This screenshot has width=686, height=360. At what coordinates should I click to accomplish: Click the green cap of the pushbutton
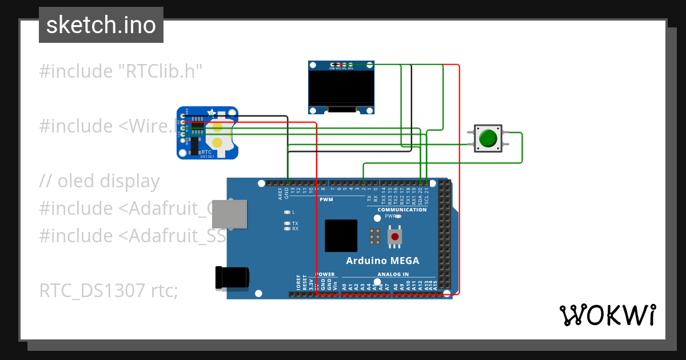[488, 138]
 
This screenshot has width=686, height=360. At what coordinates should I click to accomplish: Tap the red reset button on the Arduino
[394, 237]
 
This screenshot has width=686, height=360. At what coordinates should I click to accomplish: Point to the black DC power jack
[232, 277]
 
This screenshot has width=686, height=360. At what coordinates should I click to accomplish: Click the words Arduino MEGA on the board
[382, 261]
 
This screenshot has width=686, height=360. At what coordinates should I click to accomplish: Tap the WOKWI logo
[607, 315]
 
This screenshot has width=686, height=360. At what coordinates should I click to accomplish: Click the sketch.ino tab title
[101, 25]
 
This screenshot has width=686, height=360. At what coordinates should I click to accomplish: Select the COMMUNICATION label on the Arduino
[402, 210]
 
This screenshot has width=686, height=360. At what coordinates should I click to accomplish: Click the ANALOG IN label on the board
[393, 274]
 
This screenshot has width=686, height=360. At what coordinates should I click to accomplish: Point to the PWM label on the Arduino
[326, 199]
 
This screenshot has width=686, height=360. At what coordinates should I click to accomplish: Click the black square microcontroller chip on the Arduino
[341, 235]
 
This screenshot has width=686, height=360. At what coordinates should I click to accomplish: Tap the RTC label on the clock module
[206, 152]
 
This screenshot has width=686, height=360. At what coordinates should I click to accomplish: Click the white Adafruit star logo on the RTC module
[211, 113]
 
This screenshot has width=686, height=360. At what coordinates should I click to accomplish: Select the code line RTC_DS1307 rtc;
[109, 291]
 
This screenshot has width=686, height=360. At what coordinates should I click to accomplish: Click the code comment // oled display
[99, 181]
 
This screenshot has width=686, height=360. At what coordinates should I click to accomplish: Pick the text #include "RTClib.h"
[121, 71]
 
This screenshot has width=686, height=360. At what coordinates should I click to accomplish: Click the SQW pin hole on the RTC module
[183, 140]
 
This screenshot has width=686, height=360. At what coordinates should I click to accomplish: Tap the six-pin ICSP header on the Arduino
[375, 236]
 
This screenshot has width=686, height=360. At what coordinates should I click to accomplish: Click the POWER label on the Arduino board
[325, 274]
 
